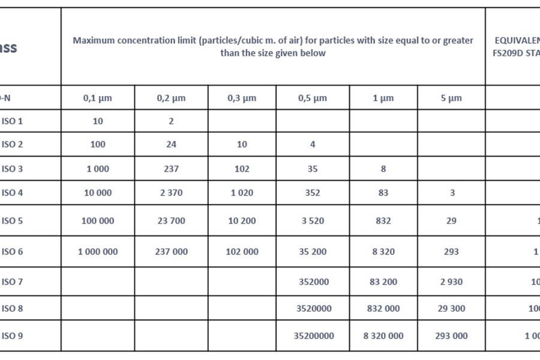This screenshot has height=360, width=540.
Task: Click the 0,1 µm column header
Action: pos(98,98)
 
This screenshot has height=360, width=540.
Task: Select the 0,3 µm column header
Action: pos(242,98)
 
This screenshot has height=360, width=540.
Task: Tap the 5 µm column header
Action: pos(451,98)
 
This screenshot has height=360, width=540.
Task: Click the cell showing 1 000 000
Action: pos(98,252)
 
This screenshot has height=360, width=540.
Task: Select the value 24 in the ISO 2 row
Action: pos(171,145)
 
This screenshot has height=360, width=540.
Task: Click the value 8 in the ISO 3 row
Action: pos(383,169)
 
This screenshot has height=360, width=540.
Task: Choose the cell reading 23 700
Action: pos(171,221)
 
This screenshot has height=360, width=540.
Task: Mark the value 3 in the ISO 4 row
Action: pos(452,193)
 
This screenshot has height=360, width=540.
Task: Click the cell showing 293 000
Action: pos(451,336)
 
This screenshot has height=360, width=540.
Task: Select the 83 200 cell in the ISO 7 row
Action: pos(383,281)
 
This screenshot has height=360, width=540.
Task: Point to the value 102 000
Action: pos(242,252)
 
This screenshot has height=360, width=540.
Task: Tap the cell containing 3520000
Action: pos(313,308)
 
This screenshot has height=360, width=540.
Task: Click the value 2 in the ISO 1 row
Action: pos(171,121)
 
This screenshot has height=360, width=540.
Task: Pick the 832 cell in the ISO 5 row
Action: pos(383,221)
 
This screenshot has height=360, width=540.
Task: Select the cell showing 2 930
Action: pos(451,281)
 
